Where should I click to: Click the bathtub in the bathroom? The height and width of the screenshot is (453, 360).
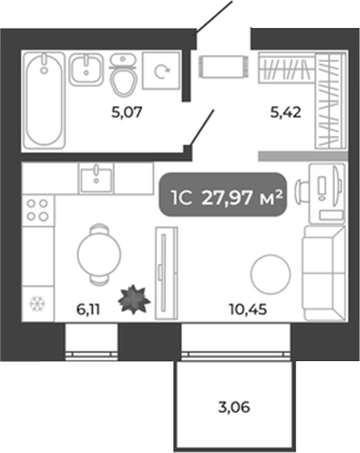[x=44, y=100]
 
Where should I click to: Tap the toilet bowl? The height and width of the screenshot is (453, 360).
[x=123, y=75]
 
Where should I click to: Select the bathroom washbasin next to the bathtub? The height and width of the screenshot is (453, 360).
[x=86, y=70]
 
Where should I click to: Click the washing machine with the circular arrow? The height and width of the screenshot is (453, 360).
[x=162, y=71]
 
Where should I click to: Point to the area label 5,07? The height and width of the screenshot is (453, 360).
[x=127, y=112]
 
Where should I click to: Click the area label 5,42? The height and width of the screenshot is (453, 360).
[x=285, y=112]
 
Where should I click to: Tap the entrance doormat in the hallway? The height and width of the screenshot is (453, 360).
[x=223, y=66]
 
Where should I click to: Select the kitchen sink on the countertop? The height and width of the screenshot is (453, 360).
[x=96, y=179]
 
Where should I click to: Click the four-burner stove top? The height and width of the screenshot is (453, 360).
[x=38, y=210]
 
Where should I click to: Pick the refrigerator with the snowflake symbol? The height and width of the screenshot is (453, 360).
[x=38, y=304]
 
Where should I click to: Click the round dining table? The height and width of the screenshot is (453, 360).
[x=99, y=254]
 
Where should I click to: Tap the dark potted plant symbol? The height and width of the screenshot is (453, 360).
[x=134, y=300]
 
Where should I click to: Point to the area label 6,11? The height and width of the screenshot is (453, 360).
[x=89, y=309]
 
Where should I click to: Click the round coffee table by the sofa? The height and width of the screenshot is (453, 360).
[x=271, y=274]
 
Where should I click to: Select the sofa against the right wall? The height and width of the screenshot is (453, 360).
[x=324, y=273]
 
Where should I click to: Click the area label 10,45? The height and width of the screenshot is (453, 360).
[x=248, y=309]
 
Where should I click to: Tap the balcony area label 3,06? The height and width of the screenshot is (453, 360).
[x=235, y=408]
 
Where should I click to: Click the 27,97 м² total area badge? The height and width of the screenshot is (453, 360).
[x=223, y=194]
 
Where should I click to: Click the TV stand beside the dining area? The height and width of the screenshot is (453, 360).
[x=166, y=273]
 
